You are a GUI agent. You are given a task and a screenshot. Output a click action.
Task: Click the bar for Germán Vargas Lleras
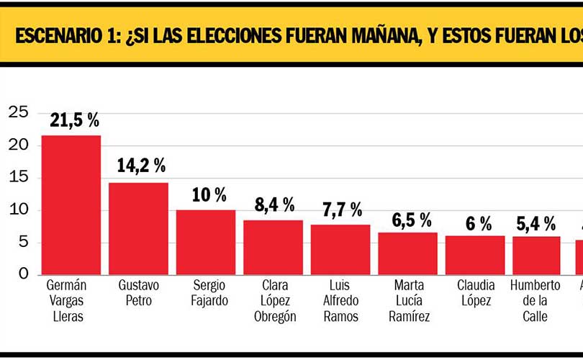pos(71,204)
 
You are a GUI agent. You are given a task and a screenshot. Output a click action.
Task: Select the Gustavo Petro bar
pos(138,228)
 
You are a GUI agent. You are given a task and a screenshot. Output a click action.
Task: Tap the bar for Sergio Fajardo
pos(205,242)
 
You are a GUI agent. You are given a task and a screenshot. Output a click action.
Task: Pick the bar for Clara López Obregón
pos(273,247)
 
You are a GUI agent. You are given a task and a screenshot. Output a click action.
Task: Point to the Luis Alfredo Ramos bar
pos(340,249)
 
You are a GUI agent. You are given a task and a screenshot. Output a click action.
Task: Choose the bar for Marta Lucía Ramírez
pos(407,253)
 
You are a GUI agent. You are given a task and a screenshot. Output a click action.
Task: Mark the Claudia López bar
pos(475,254)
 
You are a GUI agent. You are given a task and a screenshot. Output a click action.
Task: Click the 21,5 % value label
pos(74,120)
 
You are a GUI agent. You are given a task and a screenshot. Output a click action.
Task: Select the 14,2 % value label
pos(141,166)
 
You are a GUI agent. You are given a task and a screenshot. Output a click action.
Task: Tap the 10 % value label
pos(209,194)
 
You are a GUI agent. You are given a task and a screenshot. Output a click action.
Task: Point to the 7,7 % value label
pos(342,210)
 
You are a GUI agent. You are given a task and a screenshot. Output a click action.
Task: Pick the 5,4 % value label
pos(536,223)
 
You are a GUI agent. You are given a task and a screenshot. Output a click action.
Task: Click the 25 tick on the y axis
pos(18,112)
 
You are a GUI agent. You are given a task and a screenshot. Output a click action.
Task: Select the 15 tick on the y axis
pos(18,177)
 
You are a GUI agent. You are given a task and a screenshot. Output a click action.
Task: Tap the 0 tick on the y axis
pos(23,274)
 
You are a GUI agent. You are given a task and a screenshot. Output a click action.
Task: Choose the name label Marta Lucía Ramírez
pos(409,301)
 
